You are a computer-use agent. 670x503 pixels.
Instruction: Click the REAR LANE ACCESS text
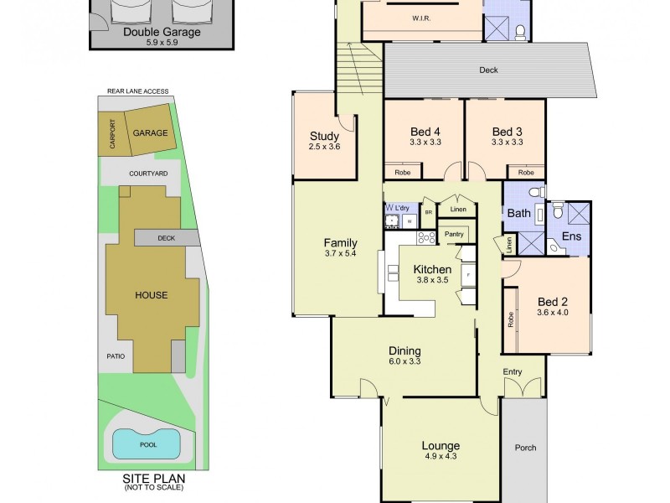(x=137, y=91)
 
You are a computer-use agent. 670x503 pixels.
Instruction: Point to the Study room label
(x=323, y=137)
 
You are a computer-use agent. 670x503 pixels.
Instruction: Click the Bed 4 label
(x=425, y=132)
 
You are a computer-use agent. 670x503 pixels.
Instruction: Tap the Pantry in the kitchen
(x=455, y=234)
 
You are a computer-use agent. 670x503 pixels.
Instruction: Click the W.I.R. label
(x=421, y=18)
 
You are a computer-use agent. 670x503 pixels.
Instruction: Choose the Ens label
(x=571, y=237)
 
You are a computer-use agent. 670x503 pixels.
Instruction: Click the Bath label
(x=518, y=214)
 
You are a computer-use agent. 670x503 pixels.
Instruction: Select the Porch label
(x=524, y=447)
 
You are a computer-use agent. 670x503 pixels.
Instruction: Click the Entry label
(x=513, y=371)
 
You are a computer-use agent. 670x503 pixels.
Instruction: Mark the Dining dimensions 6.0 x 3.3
(x=404, y=362)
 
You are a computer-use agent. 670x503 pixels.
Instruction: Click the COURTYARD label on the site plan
(x=148, y=173)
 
